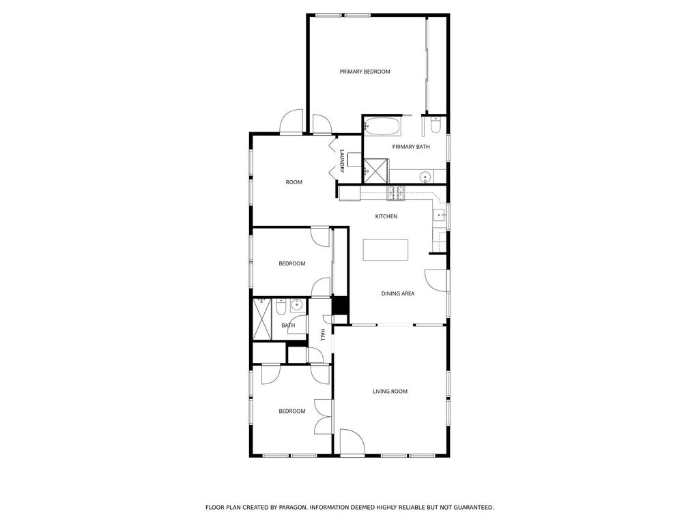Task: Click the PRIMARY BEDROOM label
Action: click(365, 72)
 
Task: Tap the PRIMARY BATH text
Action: click(410, 147)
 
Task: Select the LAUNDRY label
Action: click(342, 161)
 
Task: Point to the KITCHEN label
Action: click(386, 216)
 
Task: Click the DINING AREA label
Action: click(398, 293)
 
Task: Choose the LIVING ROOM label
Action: click(390, 392)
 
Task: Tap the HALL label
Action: click(322, 335)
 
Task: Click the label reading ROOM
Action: click(294, 182)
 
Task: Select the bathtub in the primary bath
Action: click(382, 126)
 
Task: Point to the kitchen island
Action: click(385, 250)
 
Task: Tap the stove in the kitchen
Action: click(395, 193)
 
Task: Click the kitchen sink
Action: click(440, 216)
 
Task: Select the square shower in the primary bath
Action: click(376, 171)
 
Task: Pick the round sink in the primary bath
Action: click(425, 177)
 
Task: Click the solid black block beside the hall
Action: click(340, 306)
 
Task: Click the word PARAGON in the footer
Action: click(293, 508)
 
